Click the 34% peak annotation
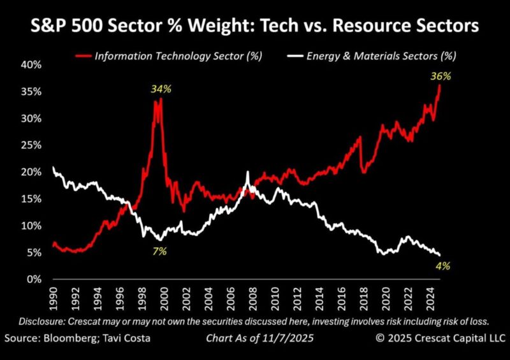(161, 89)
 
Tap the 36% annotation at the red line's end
(441, 76)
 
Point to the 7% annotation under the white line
(159, 251)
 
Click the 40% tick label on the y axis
(32, 65)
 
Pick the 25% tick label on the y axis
(32, 145)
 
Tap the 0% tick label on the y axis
(34, 279)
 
